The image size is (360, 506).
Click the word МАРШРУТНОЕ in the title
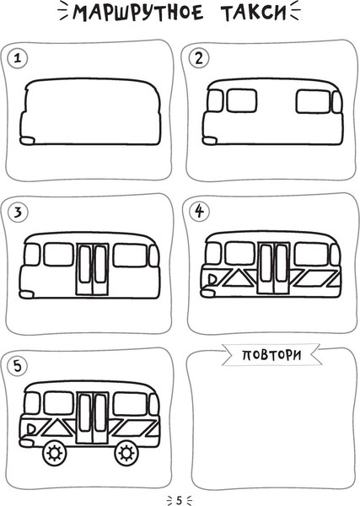[x=138, y=13]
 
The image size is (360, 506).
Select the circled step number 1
[x=18, y=58]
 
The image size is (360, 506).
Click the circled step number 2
[x=199, y=58]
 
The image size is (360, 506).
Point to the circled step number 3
[x=18, y=213]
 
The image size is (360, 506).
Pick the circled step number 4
[x=199, y=212]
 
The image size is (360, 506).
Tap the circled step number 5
[x=18, y=366]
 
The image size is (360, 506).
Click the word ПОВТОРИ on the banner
[x=271, y=355]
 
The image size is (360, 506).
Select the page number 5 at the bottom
[x=180, y=500]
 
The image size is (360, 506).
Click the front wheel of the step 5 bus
[x=54, y=453]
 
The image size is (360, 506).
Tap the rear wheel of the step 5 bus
[x=126, y=453]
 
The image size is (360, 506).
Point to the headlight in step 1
[x=28, y=141]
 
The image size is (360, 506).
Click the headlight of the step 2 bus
[x=210, y=140]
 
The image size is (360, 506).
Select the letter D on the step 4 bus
[x=212, y=279]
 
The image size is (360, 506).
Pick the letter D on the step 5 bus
[x=31, y=429]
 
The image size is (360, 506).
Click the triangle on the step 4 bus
[x=238, y=279]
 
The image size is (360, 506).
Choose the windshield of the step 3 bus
[x=32, y=255]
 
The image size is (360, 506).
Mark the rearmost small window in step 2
[x=337, y=102]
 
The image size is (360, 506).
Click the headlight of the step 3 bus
[x=27, y=294]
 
